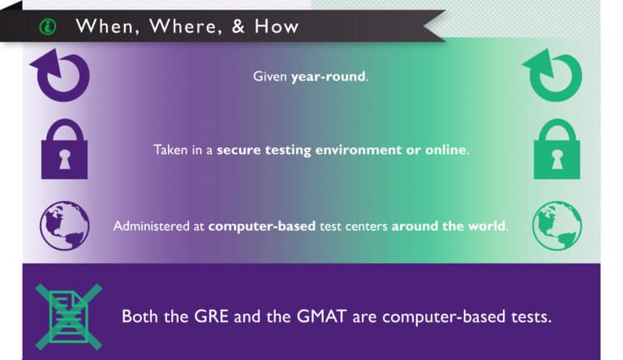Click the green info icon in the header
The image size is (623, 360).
coord(46,27)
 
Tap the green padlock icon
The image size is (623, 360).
coord(556,150)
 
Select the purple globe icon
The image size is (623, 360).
coord(64,225)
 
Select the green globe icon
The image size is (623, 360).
coord(556,225)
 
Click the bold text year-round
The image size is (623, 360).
coord(328,77)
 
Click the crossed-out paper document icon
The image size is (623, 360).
coord(67,316)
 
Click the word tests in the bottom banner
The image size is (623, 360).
coord(529,316)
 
